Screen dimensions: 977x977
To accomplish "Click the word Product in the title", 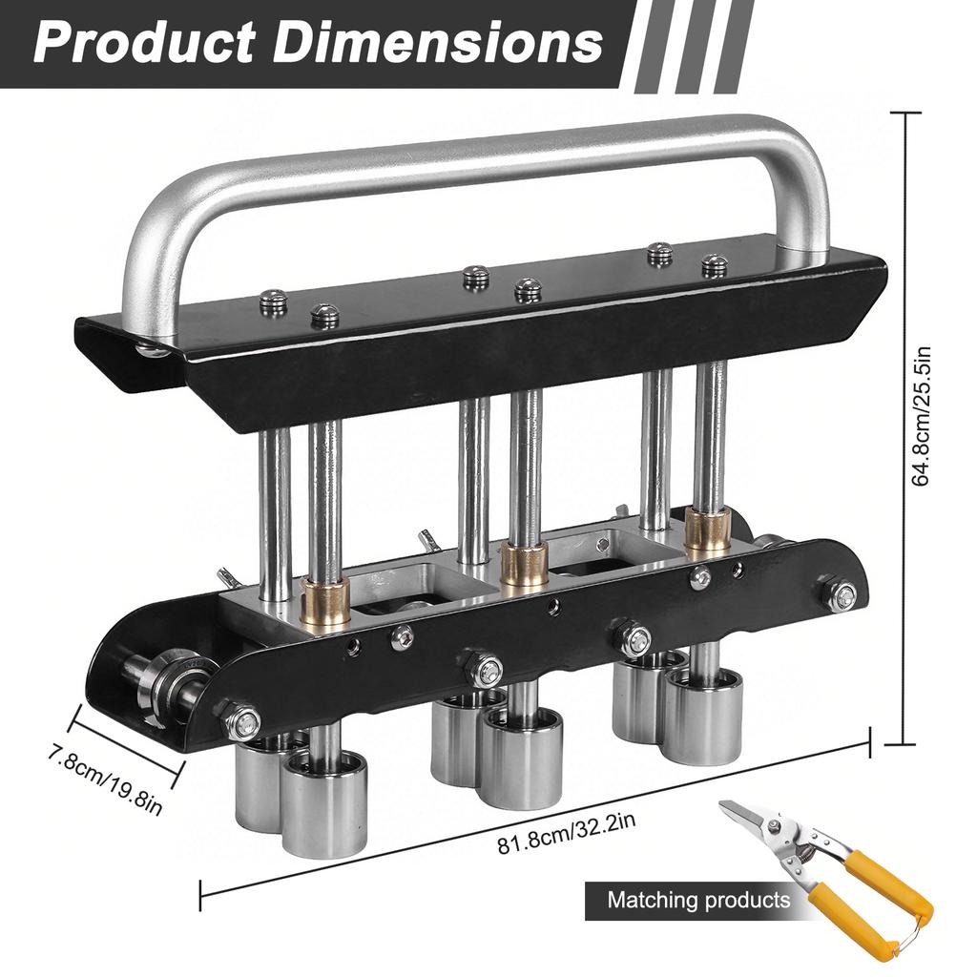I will (x=144, y=43).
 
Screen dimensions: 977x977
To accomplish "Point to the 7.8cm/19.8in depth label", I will (x=105, y=779).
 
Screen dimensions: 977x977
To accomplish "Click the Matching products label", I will (x=698, y=900).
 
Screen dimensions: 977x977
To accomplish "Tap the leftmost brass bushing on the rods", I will (x=324, y=595).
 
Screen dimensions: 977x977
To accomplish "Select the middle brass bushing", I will (x=524, y=565).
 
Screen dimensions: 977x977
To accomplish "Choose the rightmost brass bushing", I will (x=708, y=530).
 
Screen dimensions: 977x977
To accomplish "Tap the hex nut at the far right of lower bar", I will (x=841, y=595).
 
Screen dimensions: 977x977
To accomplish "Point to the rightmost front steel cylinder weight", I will (x=703, y=716).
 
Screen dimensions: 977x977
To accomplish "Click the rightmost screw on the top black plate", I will (x=714, y=265).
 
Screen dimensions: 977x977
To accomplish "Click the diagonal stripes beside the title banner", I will (x=692, y=46).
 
